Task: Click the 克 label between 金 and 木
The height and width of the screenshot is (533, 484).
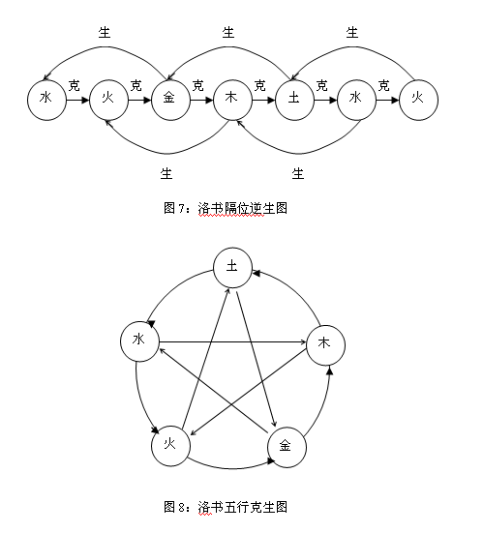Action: [197, 85]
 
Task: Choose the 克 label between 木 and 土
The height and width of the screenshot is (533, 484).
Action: [259, 85]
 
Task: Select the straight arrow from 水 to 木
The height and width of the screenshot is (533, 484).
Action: [232, 341]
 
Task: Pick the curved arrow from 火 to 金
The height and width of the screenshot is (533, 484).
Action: [231, 468]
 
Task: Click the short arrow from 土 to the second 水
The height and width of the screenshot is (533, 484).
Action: [325, 100]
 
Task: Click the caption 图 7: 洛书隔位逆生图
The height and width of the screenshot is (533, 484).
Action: [226, 208]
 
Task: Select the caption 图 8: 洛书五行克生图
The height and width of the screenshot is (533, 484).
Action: [226, 507]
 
